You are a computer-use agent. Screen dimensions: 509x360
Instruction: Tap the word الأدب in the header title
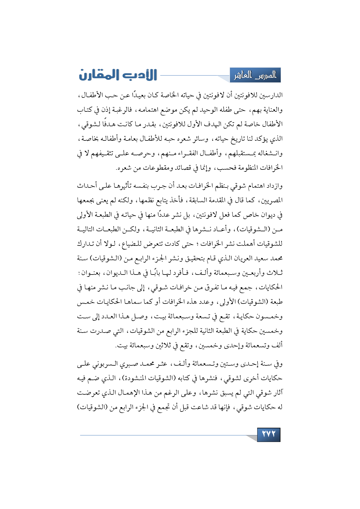click(138, 75)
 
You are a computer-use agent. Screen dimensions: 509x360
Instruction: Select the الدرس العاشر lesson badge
click(255, 75)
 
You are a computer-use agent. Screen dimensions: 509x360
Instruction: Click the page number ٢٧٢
click(269, 434)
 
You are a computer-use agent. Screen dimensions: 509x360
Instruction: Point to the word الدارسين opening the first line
click(271, 95)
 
